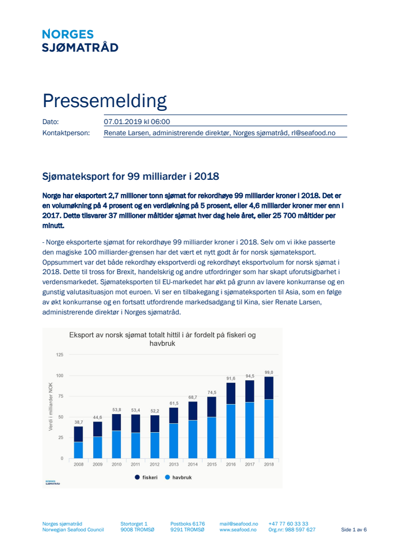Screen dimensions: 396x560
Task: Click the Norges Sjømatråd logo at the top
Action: click(80, 41)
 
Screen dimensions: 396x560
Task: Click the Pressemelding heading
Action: click(105, 101)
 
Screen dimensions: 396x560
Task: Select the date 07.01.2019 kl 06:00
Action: click(137, 122)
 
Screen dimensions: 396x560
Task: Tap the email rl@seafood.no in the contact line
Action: click(313, 133)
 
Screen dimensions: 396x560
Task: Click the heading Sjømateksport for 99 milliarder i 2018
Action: click(131, 177)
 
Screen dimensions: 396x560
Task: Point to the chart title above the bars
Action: click(162, 339)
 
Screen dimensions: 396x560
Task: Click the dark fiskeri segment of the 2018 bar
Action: click(269, 388)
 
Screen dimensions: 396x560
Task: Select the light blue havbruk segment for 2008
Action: click(79, 450)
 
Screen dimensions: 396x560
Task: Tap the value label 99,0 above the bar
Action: click(269, 372)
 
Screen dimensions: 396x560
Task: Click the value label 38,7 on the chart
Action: click(79, 422)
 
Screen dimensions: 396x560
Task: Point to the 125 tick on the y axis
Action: click(59, 355)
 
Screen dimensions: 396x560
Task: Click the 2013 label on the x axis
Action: click(174, 465)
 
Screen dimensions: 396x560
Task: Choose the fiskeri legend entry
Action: click(146, 477)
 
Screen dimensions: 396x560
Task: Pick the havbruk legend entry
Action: click(178, 477)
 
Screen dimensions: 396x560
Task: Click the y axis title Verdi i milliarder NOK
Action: click(51, 406)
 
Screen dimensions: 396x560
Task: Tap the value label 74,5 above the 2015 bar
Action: click(212, 392)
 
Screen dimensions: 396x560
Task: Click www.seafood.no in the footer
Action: click(238, 530)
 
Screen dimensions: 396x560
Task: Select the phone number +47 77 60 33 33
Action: click(288, 524)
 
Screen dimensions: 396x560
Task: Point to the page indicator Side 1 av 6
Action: click(354, 530)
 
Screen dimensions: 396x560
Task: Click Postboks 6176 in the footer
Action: click(187, 524)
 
